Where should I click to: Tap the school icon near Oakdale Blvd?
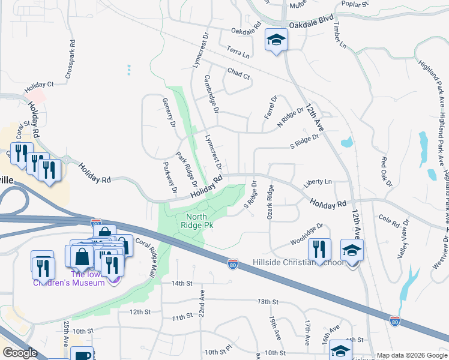[276, 40]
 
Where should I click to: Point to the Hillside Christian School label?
[306, 262]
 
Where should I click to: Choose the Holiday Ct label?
[39, 88]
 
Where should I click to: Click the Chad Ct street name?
[238, 74]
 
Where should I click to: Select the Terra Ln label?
[238, 52]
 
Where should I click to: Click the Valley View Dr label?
[404, 239]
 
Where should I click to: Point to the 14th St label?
[181, 283]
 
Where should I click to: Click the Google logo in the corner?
[20, 353]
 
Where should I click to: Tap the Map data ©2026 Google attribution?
[411, 355]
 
